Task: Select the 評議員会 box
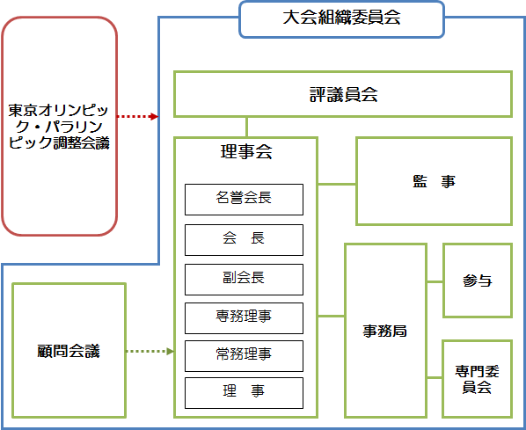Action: click(343, 94)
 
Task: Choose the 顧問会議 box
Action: click(69, 351)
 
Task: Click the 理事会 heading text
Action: click(245, 152)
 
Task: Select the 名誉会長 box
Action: click(244, 199)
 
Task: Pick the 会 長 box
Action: click(244, 238)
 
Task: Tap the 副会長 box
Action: click(244, 278)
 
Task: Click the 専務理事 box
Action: click(244, 317)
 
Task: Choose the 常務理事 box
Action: click(244, 354)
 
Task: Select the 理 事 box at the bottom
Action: click(244, 392)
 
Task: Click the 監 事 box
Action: click(434, 181)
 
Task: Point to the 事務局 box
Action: click(385, 331)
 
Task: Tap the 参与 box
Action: click(478, 281)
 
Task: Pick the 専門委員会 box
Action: click(478, 378)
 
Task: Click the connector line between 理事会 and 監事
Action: click(336, 184)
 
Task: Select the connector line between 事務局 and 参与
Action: click(435, 282)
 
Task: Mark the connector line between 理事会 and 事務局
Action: click(331, 315)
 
